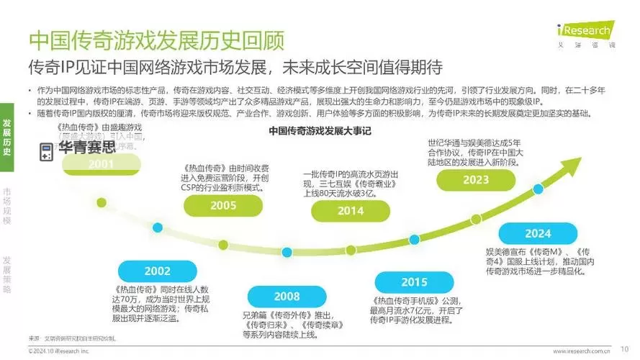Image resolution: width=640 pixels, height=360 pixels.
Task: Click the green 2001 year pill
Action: (102, 163)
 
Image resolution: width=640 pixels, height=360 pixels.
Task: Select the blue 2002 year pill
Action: (158, 271)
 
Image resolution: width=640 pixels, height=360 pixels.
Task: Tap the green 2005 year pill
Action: (223, 205)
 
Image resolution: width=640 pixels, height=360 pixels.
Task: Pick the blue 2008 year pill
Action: (287, 296)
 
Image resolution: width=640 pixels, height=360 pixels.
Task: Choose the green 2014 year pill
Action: (350, 211)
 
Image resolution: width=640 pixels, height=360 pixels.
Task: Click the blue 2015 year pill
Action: (414, 282)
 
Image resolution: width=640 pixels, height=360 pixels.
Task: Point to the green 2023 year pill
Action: (476, 181)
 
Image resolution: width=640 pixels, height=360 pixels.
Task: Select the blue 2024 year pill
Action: (538, 233)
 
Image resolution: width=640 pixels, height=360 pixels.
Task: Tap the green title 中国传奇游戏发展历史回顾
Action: (156, 39)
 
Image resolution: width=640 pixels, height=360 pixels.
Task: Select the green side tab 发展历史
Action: (6, 137)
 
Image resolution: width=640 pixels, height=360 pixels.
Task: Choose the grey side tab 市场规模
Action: (6, 207)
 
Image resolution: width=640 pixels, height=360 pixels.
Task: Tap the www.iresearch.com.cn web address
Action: (582, 351)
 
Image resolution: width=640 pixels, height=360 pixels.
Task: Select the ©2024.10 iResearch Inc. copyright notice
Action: (59, 351)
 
